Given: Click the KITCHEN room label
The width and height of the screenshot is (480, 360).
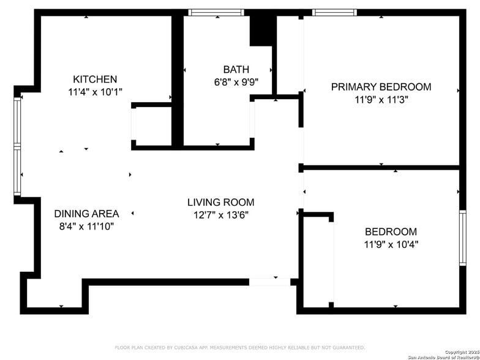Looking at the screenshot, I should coord(95,80).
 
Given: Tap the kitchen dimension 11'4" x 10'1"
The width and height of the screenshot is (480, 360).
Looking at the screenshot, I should coord(95,92).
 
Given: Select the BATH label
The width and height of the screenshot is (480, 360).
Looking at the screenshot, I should coord(236,70).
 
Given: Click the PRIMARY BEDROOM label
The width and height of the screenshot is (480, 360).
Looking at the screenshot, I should coord(381,87).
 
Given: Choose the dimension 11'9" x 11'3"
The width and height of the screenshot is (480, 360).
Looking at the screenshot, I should coord(381,100).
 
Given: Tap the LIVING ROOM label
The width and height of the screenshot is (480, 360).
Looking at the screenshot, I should coord(220,202).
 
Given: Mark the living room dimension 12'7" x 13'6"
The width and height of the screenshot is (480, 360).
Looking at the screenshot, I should coord(220,215).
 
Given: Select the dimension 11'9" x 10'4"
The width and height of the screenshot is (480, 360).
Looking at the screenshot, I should coord(391,244).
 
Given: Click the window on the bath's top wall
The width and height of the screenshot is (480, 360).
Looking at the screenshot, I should coord(216,12).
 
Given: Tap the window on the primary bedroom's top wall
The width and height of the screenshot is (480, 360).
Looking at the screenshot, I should coord(335,12).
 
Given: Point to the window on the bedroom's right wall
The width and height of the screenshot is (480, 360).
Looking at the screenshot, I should coord(463,238).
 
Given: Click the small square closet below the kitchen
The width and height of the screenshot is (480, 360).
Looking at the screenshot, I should coord(151,127).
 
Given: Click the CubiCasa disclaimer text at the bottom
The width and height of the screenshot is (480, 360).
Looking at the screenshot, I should coord(239,348).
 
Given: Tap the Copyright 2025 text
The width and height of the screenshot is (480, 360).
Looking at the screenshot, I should coord(462,352).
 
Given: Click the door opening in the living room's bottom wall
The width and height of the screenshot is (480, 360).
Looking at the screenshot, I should coord(269,282).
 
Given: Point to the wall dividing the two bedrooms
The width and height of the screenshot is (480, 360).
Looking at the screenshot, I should coord(381,167).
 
